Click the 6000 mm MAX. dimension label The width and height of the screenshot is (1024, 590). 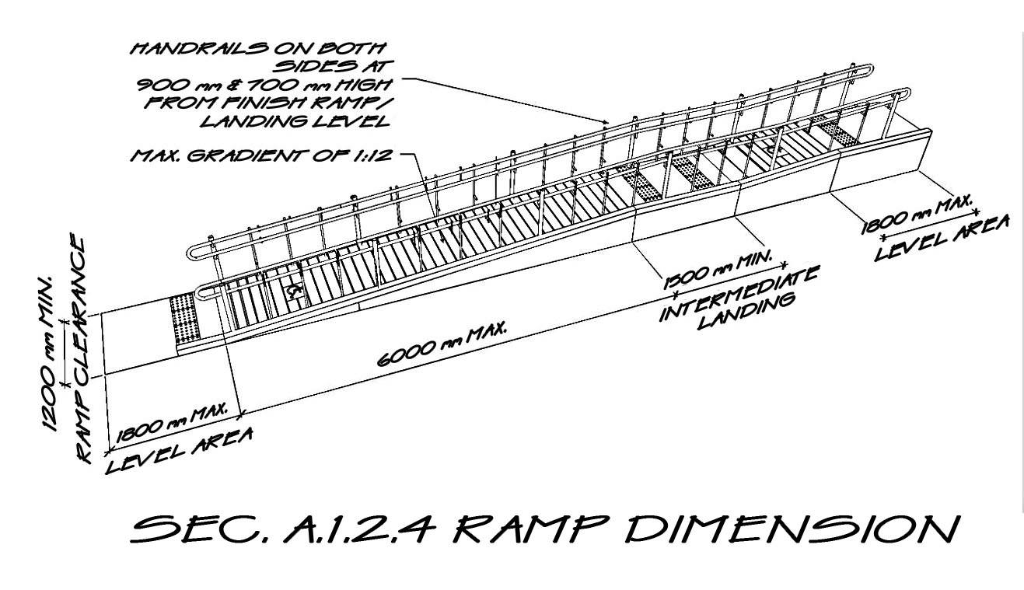coord(442,344)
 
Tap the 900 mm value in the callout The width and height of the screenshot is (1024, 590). coord(178,85)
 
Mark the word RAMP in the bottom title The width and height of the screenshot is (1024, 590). coord(530,529)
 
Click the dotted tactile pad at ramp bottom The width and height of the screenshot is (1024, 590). coord(185,319)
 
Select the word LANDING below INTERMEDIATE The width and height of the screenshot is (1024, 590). coord(747,312)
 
